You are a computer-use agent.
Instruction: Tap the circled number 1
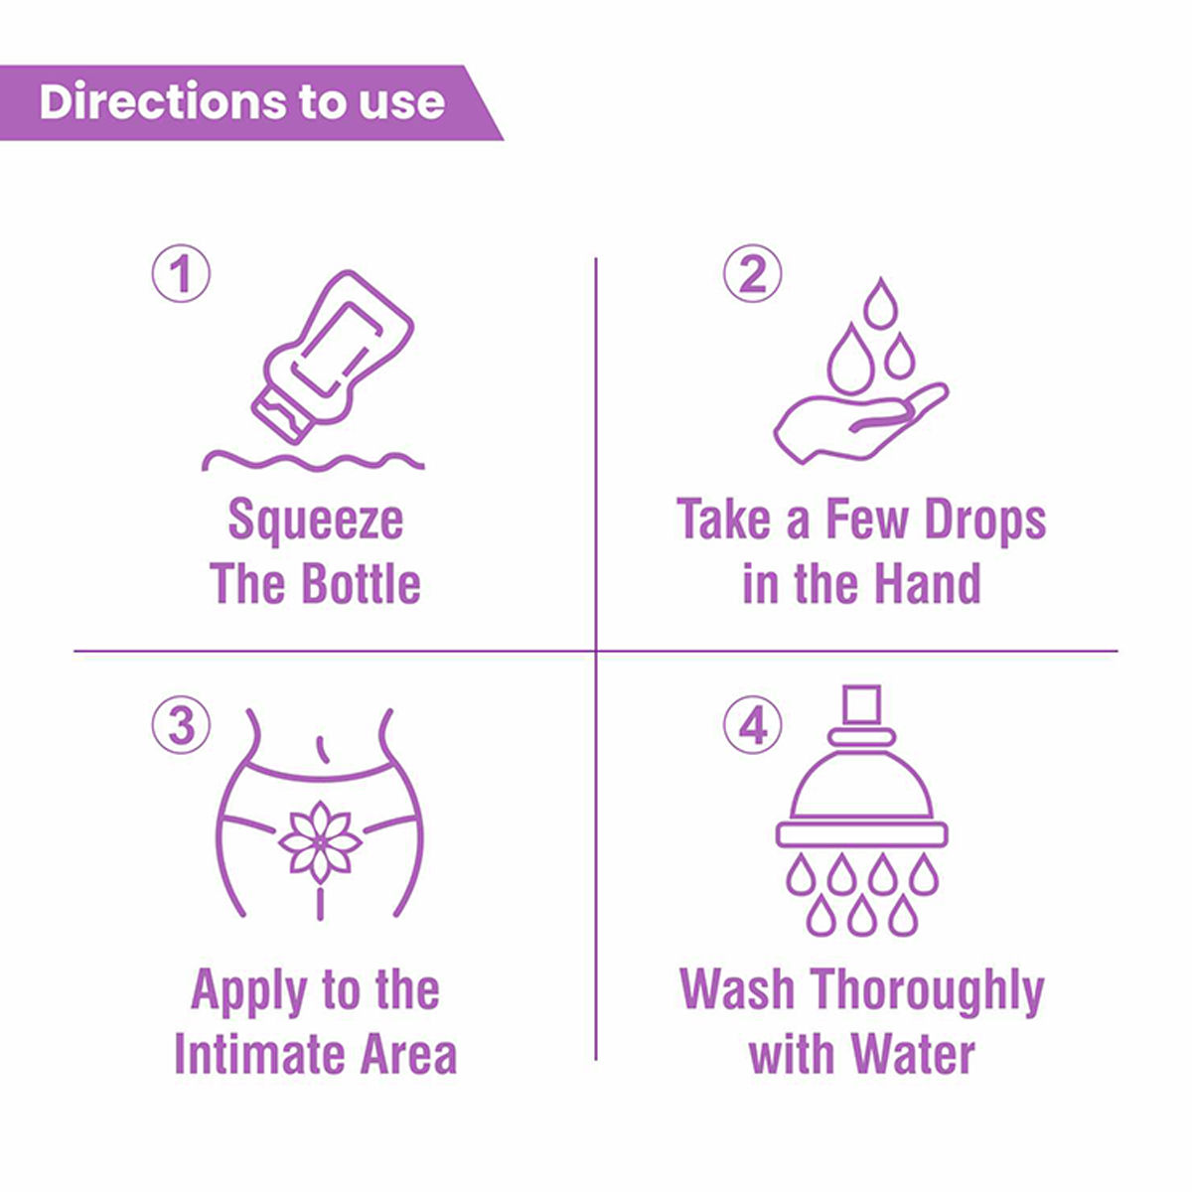click(181, 274)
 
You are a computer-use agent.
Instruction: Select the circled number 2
click(752, 274)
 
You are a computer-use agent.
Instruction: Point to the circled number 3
click(181, 725)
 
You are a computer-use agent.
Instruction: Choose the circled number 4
click(752, 725)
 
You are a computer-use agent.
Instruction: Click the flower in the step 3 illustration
click(319, 840)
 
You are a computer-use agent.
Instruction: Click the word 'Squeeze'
click(315, 521)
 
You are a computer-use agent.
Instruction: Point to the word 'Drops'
click(985, 521)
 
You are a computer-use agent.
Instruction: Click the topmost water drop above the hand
click(879, 303)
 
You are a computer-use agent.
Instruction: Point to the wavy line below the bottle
click(313, 460)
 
